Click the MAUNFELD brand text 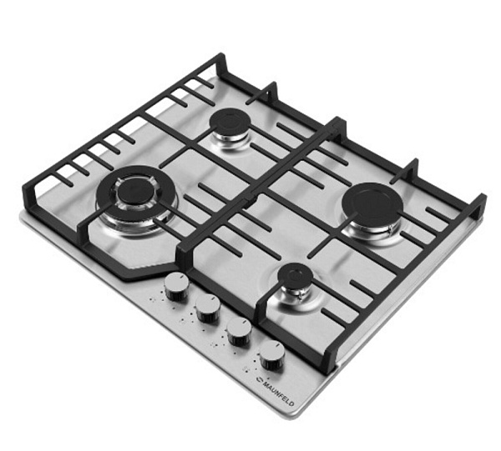(279, 393)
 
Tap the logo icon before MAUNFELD (259, 379)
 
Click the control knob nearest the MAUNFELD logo (272, 356)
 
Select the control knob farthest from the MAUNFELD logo (176, 287)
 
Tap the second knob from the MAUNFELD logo (239, 332)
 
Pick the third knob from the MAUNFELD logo (208, 308)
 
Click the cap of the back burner (230, 122)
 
